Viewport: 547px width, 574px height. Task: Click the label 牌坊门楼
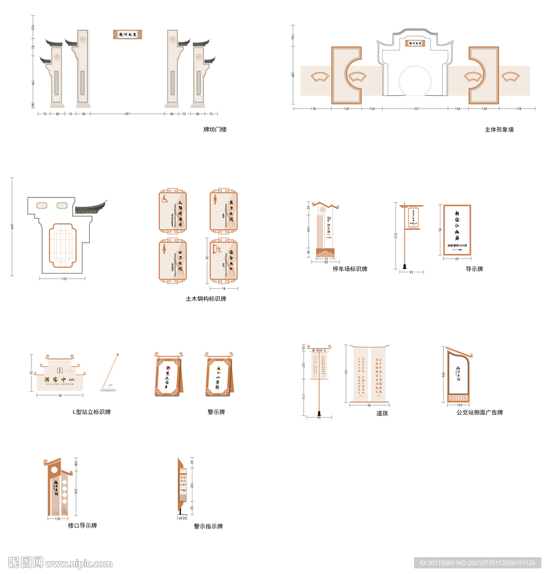coord(215,129)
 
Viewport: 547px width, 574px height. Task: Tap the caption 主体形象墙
coord(499,129)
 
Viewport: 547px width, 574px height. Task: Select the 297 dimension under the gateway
coord(127,114)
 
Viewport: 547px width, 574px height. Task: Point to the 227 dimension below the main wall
coord(415,109)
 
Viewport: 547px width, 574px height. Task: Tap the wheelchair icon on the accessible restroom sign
coord(165,199)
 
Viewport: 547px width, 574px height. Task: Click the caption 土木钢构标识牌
coord(206,299)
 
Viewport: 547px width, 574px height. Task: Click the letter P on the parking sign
coord(329,219)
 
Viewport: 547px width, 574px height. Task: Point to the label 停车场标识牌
coord(350,269)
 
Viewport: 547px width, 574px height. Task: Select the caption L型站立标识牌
coord(91,412)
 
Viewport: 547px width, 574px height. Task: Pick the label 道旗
coord(382,413)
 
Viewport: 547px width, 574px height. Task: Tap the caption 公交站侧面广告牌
coord(479,413)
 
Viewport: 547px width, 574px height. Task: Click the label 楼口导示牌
coord(82,526)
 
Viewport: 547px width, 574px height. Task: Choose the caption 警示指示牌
coord(208,526)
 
